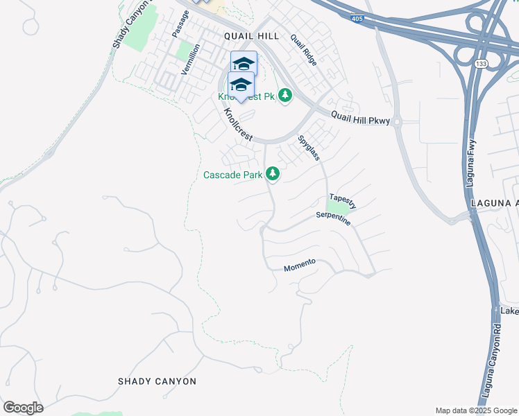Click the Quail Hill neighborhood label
click(x=251, y=36)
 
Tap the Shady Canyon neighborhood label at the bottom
click(x=157, y=381)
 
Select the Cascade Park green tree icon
click(x=273, y=174)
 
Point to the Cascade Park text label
click(x=232, y=175)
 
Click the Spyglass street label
click(x=309, y=148)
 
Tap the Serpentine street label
click(x=333, y=218)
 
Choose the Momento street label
click(x=300, y=265)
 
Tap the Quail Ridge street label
click(x=304, y=50)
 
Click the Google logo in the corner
click(x=23, y=408)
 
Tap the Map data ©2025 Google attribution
click(x=476, y=410)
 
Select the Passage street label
click(x=180, y=24)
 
